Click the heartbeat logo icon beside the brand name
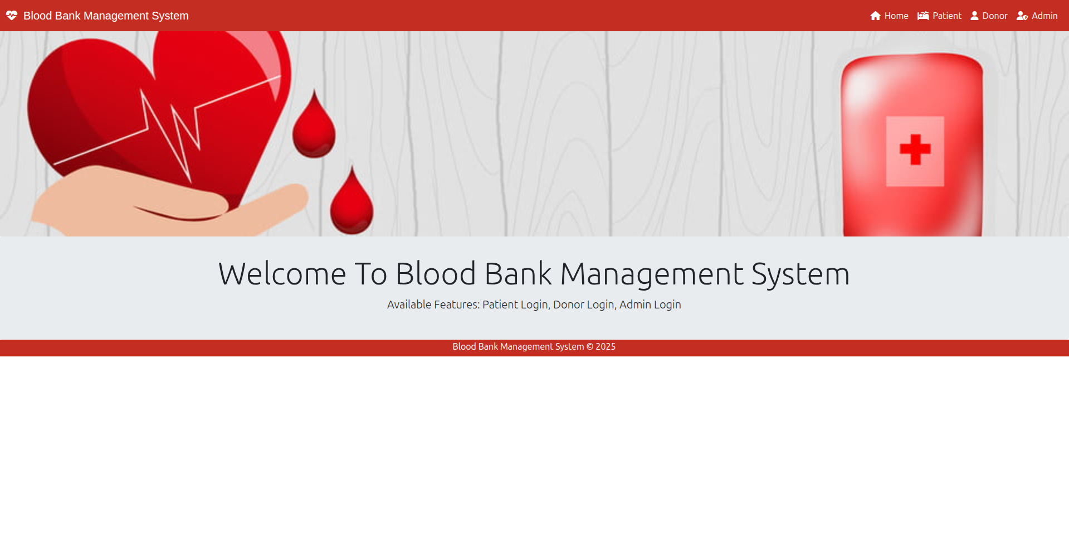[x=12, y=16]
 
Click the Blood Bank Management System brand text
[x=106, y=16]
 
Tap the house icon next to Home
[x=875, y=16]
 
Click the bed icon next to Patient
[x=923, y=16]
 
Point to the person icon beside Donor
[x=974, y=16]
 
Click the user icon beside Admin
[x=1022, y=16]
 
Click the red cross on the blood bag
[x=915, y=149]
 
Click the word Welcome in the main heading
[x=282, y=274]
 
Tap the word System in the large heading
[x=800, y=274]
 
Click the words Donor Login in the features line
[x=583, y=305]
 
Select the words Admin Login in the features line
[x=650, y=305]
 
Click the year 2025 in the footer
[x=606, y=346]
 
